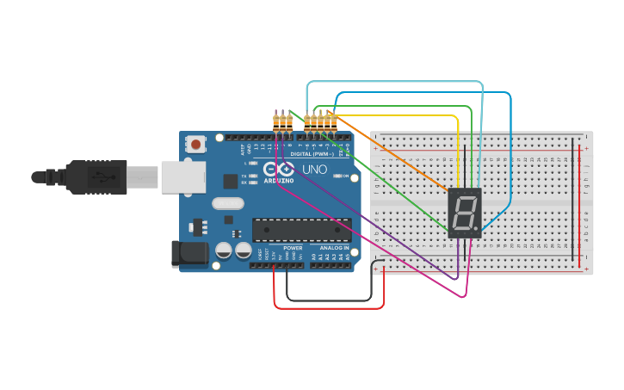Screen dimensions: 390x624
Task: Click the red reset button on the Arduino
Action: (x=196, y=144)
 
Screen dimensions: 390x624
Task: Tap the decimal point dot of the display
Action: (x=477, y=232)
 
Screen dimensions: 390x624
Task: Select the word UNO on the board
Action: (x=314, y=170)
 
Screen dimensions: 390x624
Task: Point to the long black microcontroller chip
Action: (x=301, y=230)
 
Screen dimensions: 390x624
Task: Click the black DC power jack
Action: (x=189, y=253)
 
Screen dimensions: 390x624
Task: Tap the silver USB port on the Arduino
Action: (x=182, y=176)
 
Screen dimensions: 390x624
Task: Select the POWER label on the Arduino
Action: (x=293, y=248)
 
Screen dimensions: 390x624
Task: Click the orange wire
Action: (x=396, y=155)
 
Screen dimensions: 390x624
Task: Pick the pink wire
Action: (x=370, y=241)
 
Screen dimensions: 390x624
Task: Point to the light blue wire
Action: (x=396, y=83)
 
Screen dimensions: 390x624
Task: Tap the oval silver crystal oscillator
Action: (x=227, y=204)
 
